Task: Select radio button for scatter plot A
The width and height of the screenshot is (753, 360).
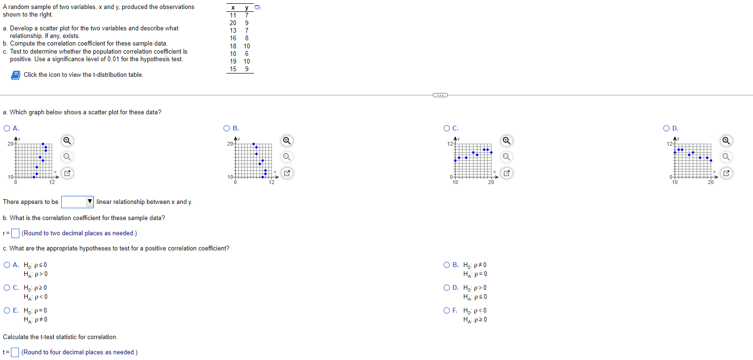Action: coord(7,129)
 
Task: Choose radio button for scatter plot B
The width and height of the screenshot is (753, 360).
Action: coord(227,129)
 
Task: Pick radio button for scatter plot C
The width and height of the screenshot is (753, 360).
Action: coord(446,129)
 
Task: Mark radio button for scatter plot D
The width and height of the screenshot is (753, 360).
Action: coord(666,129)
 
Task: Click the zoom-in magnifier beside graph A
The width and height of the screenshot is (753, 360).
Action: coord(67,140)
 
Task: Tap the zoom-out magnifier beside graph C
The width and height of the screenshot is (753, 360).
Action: coord(507,157)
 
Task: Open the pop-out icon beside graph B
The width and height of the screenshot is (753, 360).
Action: coord(287,173)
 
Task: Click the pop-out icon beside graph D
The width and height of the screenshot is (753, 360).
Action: coord(726,173)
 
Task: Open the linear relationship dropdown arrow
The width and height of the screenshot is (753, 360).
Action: coord(89,202)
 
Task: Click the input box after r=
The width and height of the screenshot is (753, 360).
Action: coord(16,233)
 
